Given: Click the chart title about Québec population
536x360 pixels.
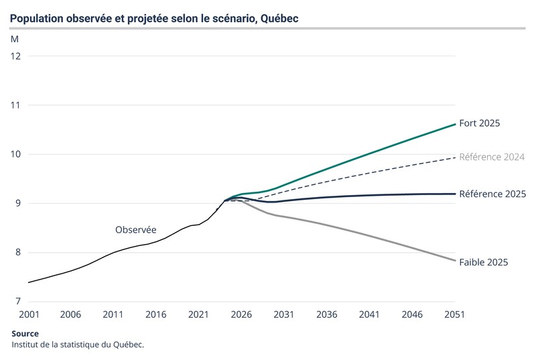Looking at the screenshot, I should [x=154, y=18].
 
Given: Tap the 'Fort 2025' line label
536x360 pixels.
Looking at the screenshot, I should [x=480, y=123].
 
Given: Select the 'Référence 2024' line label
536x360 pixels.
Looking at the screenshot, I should [x=492, y=157].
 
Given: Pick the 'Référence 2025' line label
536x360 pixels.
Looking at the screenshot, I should [x=492, y=194].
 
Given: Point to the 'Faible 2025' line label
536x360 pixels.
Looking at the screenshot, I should [x=484, y=262].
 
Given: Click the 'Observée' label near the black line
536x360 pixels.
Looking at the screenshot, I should [x=136, y=229].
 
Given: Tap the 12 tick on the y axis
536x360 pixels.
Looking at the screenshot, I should [x=16, y=56].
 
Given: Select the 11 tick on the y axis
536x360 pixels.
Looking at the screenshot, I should [x=16, y=105].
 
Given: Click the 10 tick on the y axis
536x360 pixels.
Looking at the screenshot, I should [x=16, y=154].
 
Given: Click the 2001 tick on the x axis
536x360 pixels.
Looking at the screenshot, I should [x=28, y=314].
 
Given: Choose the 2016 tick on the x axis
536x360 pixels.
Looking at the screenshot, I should [x=155, y=314].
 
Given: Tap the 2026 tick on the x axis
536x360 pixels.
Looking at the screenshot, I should [x=241, y=314].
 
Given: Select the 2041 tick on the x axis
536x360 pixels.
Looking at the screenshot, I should [x=369, y=314].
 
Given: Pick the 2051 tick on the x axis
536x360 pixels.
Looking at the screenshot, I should [x=454, y=314].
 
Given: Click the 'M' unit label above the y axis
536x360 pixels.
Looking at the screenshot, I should [x=15, y=39].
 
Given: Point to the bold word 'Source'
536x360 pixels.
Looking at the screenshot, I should [x=25, y=334].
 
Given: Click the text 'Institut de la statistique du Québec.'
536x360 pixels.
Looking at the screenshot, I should [x=78, y=345].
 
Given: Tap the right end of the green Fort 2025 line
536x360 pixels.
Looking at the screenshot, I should [x=455, y=124].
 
